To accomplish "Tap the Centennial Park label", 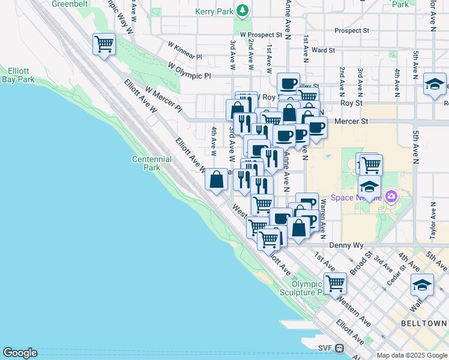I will coord(152,164).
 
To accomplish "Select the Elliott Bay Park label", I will coord(19,75).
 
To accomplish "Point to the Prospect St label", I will coord(352,30).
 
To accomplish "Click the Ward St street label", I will coord(323,50).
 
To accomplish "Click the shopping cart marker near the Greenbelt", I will coord(104,44).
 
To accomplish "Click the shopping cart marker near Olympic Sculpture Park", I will coord(335,282).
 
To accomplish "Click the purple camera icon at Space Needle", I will coord(391,196).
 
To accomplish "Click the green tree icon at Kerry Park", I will coord(243,10).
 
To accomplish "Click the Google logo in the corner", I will coord(20,353).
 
